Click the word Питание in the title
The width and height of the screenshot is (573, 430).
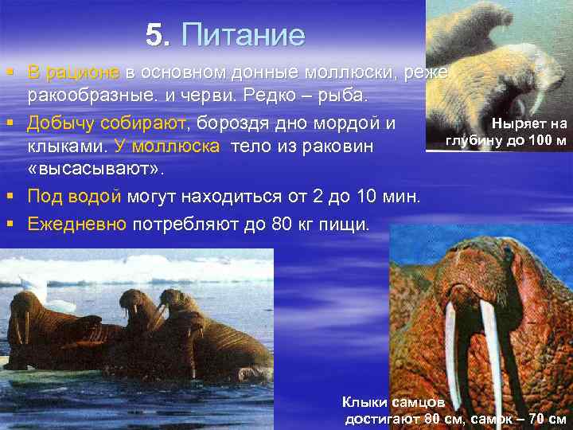243,35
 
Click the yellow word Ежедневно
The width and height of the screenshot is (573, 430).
76,224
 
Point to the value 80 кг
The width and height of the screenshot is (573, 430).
281,224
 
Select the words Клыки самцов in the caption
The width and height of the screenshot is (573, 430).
388,402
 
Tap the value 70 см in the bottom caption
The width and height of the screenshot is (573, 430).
548,418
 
